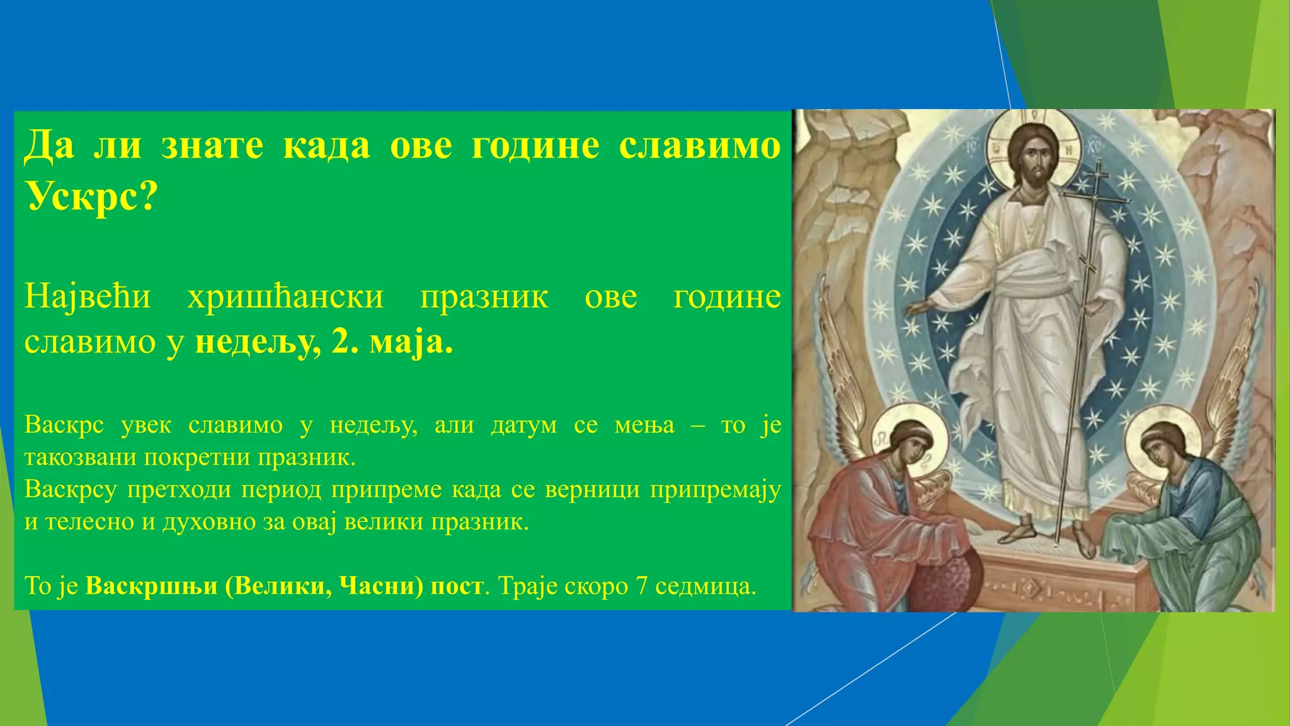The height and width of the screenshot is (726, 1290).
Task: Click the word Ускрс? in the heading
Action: [x=91, y=197]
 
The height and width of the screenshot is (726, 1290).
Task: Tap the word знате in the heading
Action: [x=212, y=146]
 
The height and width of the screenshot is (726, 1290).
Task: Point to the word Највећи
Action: [x=88, y=296]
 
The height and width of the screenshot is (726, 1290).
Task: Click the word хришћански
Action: [x=285, y=296]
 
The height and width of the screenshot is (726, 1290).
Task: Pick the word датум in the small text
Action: [x=523, y=425]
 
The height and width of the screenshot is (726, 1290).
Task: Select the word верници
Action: [x=592, y=489]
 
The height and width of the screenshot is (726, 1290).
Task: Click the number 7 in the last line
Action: [x=642, y=586]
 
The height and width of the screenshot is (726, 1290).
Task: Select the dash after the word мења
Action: [x=697, y=425]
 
